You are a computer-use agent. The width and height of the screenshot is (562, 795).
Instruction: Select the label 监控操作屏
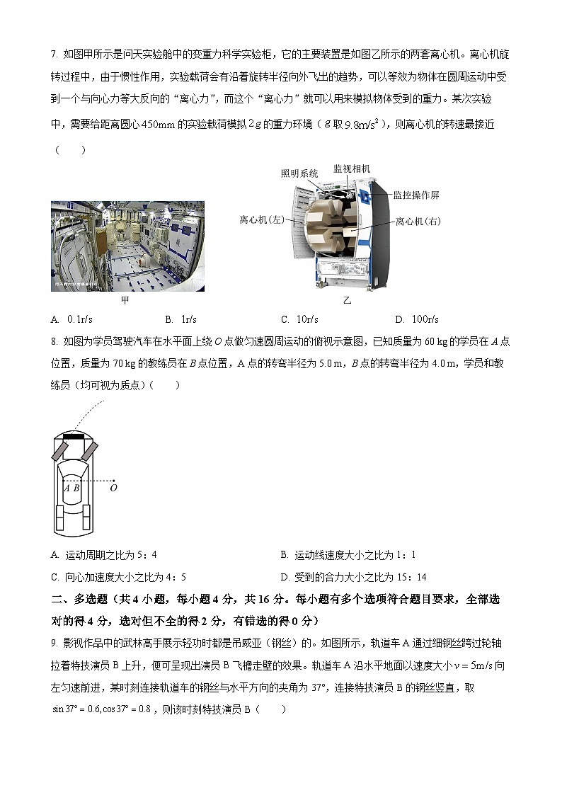416,195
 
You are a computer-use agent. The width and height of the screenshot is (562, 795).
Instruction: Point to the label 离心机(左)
261,220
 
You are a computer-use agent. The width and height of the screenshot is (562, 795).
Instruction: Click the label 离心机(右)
418,222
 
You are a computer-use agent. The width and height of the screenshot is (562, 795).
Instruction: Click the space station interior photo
127,246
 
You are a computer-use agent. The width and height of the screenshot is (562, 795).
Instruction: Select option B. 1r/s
180,319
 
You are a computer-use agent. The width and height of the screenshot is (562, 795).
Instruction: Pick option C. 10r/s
299,319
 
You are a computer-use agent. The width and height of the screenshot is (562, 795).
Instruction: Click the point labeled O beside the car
113,487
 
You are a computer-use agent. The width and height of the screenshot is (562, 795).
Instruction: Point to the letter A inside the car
67,487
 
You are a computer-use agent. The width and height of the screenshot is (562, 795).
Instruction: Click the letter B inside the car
76,487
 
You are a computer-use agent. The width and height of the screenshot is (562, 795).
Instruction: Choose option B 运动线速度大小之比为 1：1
348,556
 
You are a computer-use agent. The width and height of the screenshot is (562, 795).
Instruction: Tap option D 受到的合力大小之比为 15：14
353,577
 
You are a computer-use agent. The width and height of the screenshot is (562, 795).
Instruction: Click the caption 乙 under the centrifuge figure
347,300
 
